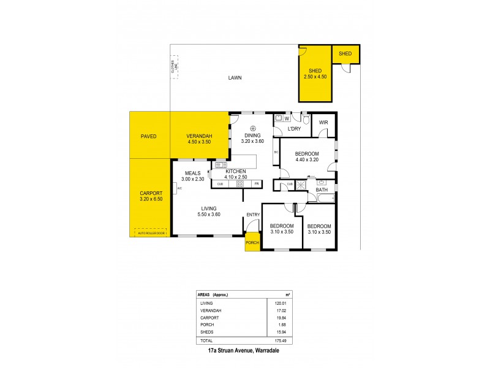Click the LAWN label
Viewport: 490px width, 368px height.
[235, 78]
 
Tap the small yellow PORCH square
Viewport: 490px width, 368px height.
[252, 242]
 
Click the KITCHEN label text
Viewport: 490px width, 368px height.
[236, 171]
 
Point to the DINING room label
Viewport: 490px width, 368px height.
[252, 136]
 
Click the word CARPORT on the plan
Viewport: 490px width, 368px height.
[150, 193]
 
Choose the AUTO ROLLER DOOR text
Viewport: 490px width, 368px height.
[152, 233]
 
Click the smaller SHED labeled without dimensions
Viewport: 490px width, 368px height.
[345, 54]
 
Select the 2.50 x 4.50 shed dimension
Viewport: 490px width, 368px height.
[315, 77]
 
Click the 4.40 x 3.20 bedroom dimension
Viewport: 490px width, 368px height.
[307, 159]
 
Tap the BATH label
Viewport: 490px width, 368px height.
[322, 190]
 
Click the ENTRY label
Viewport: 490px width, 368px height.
[252, 214]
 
